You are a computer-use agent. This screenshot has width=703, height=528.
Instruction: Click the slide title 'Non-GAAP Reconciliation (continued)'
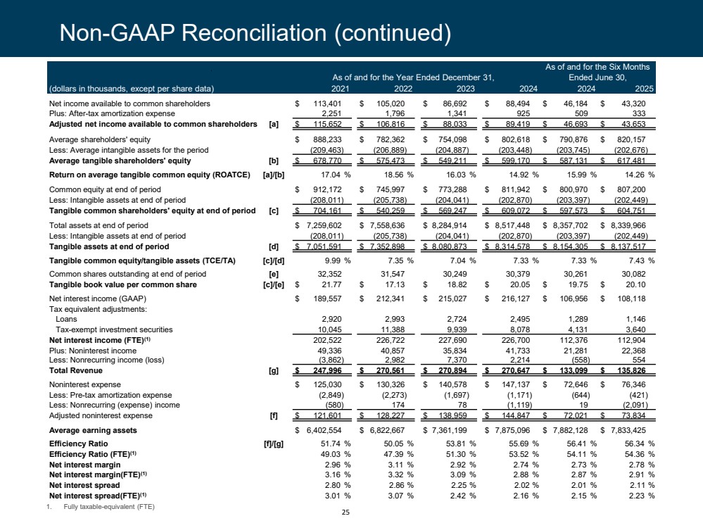tap(255, 32)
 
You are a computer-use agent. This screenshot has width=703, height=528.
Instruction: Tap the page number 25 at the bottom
tap(345, 512)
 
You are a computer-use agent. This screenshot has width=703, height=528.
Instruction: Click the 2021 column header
tap(341, 88)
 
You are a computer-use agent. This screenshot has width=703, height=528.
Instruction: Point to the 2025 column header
tap(644, 88)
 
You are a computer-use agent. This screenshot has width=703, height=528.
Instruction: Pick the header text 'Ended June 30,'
tap(598, 77)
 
